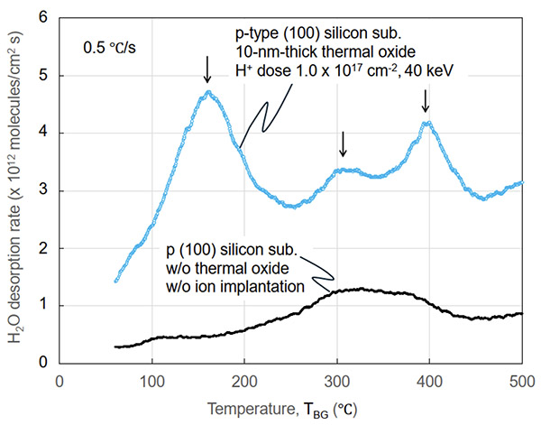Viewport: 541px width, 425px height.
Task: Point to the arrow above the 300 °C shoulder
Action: coord(342,143)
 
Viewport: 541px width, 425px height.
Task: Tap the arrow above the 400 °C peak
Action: coord(426,101)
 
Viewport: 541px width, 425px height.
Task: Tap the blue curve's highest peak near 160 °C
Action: coord(208,92)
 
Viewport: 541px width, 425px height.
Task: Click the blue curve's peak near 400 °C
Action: coord(427,123)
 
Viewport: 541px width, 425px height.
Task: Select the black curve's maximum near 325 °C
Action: coord(359,289)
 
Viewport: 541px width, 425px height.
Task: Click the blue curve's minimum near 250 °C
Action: coord(291,206)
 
